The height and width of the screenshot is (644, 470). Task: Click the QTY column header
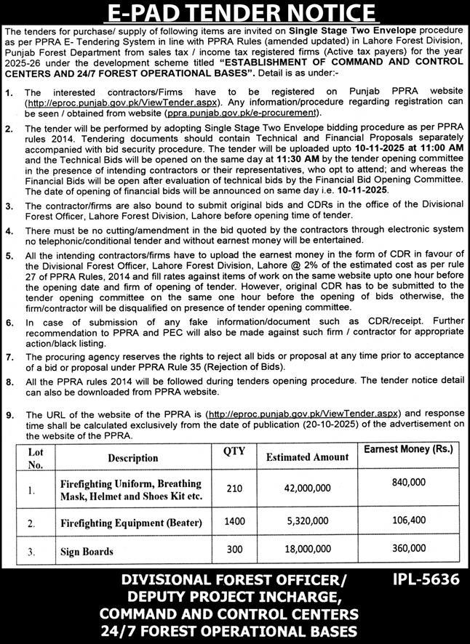coord(234,452)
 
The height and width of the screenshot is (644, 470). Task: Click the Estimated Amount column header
coord(307,458)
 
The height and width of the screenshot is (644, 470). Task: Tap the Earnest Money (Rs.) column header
coord(407,450)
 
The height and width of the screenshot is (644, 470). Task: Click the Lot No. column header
coord(36,458)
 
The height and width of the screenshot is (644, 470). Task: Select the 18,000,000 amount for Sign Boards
coord(307,551)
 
